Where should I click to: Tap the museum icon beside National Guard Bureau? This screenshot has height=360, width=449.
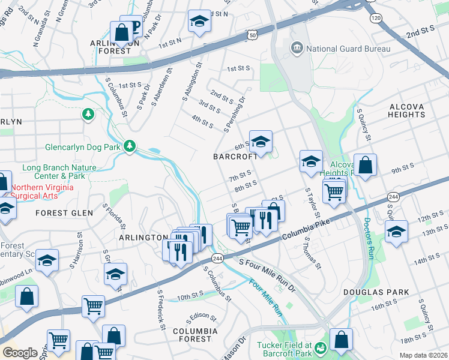(x=297, y=48)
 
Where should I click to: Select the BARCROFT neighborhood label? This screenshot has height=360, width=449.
(x=235, y=156)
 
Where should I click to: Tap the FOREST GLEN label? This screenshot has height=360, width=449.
(x=64, y=213)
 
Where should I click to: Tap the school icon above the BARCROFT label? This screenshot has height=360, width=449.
(x=261, y=142)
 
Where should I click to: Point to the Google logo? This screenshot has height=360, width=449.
(x=20, y=353)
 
